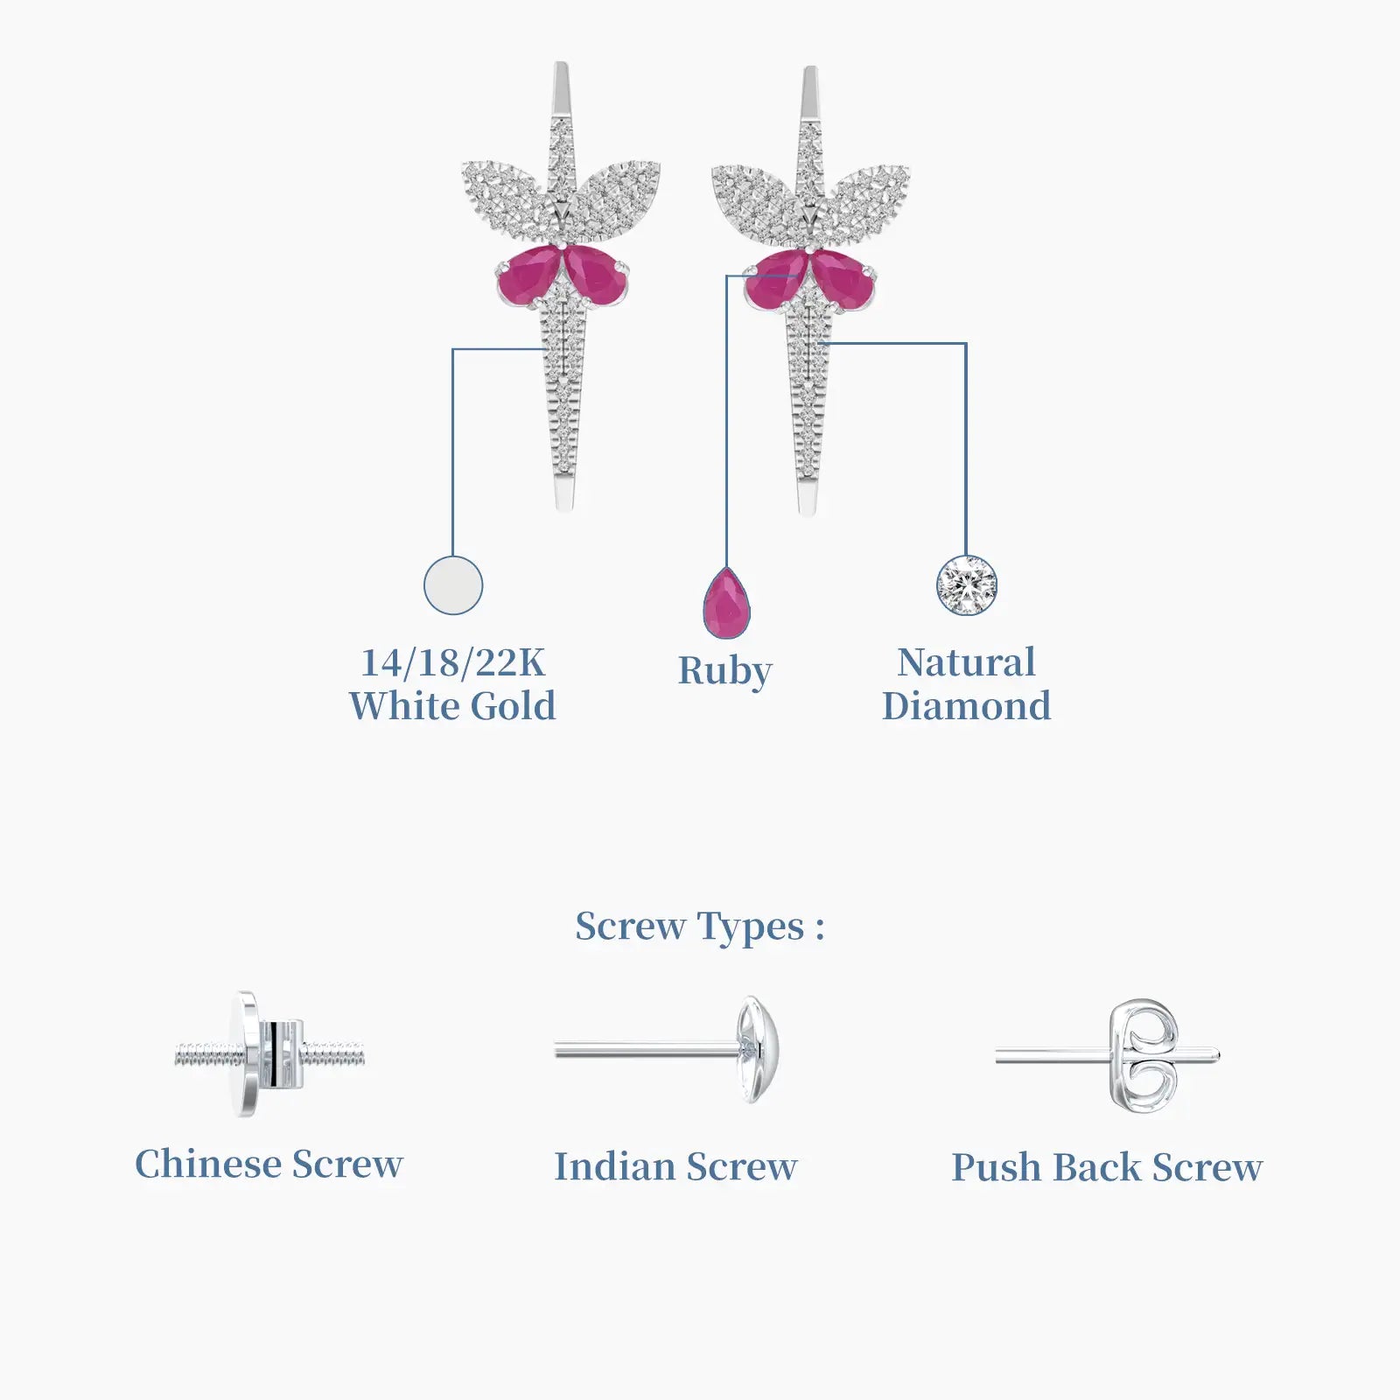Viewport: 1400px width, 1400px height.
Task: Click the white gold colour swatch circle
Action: coord(453,584)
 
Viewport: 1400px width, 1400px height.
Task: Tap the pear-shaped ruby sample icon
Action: coord(726,604)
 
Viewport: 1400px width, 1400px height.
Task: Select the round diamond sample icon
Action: coord(967,585)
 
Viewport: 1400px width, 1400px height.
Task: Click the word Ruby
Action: coord(725,672)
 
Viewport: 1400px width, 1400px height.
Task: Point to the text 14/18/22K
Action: coord(453,662)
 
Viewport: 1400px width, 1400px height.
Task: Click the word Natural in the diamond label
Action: coord(967,662)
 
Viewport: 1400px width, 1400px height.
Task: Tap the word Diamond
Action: coord(967,706)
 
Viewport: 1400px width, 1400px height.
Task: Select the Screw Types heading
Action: coord(699,927)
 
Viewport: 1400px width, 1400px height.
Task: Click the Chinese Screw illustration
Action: coord(270,1054)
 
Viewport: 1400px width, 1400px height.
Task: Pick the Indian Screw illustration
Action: coord(667,1049)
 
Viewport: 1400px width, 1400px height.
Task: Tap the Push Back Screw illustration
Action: coord(1108,1056)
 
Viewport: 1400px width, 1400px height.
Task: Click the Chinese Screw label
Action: coord(269,1165)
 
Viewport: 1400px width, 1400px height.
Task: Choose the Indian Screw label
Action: coord(675,1166)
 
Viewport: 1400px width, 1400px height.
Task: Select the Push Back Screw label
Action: coord(1107,1167)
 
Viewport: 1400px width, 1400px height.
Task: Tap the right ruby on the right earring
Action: coord(843,278)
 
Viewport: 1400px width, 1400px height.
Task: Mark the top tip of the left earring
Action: coord(561,64)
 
